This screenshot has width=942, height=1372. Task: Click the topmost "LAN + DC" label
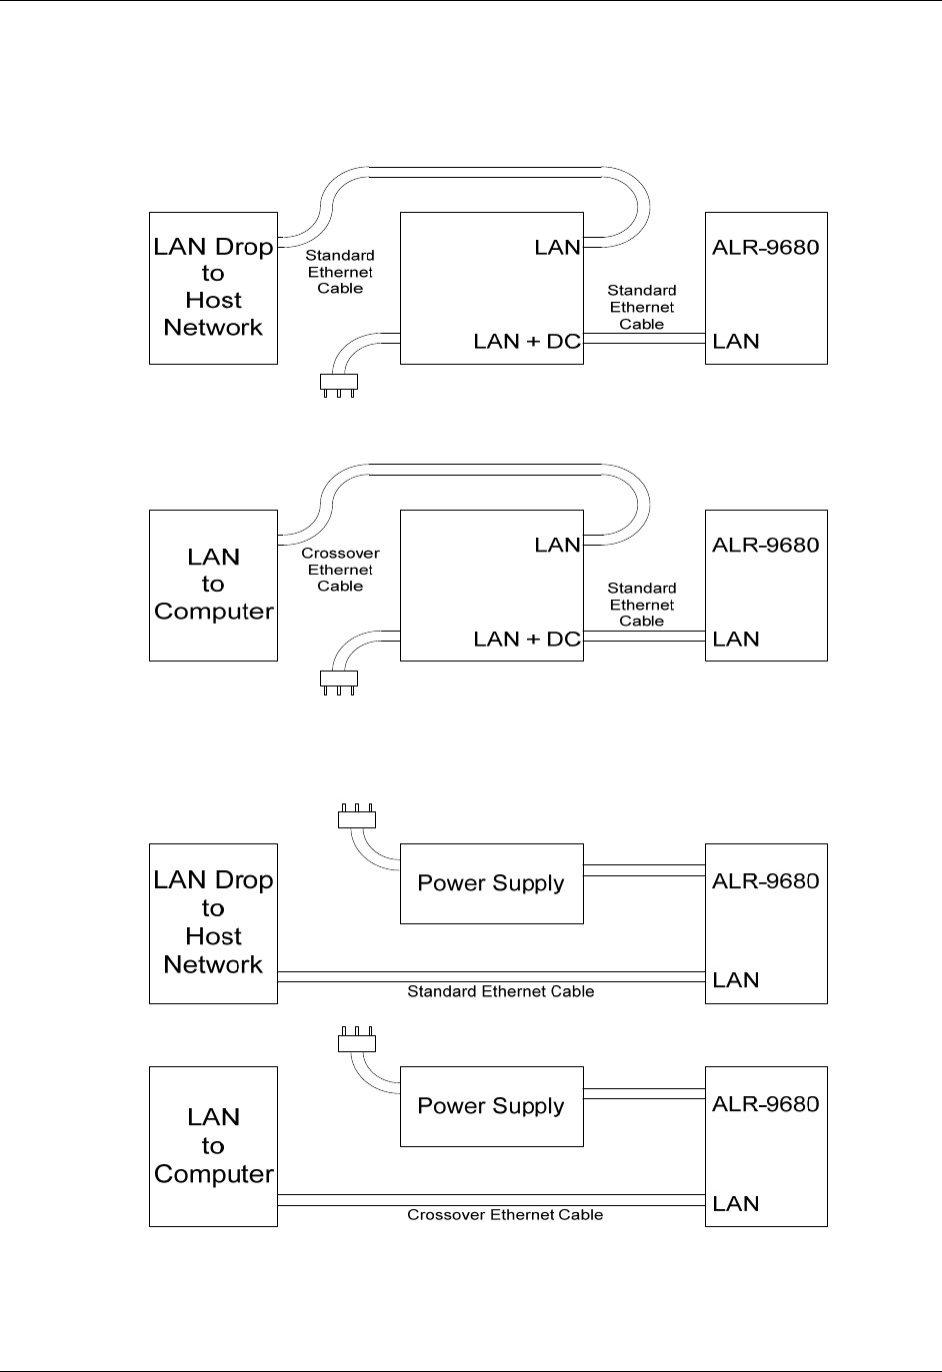[526, 342]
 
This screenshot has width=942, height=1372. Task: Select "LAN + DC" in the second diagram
[526, 640]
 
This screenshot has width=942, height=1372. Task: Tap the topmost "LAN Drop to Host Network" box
[213, 288]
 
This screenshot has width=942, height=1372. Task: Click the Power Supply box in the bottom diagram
[491, 1106]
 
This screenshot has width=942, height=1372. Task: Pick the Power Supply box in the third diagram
[491, 883]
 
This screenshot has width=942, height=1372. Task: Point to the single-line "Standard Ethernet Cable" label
[500, 992]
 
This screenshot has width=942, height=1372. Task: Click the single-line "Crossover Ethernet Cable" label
[505, 1215]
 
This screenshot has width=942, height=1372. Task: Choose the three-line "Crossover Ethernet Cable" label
[340, 570]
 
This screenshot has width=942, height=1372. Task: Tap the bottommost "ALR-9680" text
[765, 1104]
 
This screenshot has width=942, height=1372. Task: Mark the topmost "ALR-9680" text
[765, 248]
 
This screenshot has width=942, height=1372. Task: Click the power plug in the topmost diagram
[338, 382]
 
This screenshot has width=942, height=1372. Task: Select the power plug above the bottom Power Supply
[357, 1042]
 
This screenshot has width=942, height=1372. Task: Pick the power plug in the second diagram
[338, 680]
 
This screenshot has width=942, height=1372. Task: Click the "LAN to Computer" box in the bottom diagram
[213, 1146]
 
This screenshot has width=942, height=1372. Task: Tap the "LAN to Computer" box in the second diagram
[213, 585]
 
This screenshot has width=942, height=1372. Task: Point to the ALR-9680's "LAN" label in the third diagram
[736, 980]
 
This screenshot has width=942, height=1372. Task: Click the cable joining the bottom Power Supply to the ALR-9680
[644, 1094]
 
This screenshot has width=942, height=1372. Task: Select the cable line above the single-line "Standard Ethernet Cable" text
[491, 976]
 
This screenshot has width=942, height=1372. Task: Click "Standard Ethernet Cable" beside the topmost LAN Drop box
[340, 272]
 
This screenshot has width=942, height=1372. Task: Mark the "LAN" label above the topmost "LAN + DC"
[557, 248]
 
